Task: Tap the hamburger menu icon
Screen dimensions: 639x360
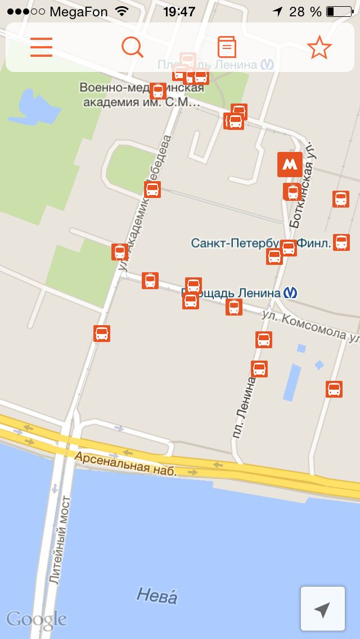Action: pyautogui.click(x=41, y=47)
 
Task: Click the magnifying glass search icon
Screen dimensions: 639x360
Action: pyautogui.click(x=133, y=47)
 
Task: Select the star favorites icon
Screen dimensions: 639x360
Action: pyautogui.click(x=319, y=47)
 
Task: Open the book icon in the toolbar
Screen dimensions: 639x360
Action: pyautogui.click(x=226, y=47)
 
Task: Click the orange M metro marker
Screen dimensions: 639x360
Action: pyautogui.click(x=290, y=164)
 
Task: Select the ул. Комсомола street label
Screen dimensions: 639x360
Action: pyautogui.click(x=309, y=326)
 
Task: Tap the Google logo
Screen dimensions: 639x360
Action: pyautogui.click(x=37, y=620)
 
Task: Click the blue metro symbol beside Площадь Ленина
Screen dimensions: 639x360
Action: pyautogui.click(x=291, y=292)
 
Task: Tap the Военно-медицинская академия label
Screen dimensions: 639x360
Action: pyautogui.click(x=141, y=95)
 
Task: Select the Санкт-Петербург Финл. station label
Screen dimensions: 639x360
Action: pyautogui.click(x=236, y=243)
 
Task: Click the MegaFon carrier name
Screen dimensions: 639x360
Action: pyautogui.click(x=79, y=11)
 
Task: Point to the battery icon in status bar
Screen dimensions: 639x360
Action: pyautogui.click(x=339, y=11)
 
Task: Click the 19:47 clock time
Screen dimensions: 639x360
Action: pyautogui.click(x=179, y=11)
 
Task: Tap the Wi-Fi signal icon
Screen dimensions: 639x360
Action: pyautogui.click(x=121, y=11)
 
